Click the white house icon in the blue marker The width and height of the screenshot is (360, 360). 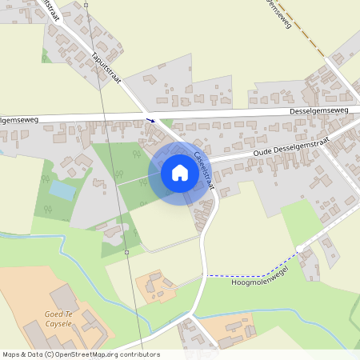pos(179,172)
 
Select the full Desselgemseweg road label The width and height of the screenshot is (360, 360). pos(318,110)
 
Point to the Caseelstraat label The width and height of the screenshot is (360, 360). pos(203,167)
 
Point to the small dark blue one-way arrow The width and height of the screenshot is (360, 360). pos(150,121)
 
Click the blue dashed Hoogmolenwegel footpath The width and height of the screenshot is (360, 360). pos(240,275)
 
